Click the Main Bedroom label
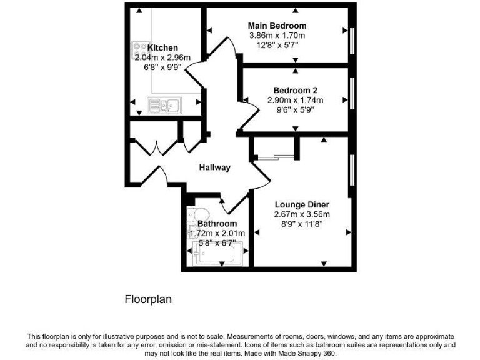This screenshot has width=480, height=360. pos(277,26)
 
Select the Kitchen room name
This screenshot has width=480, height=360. pos(162,48)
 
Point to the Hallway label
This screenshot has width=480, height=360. pos(215,167)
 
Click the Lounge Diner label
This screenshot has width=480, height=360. pos(302,205)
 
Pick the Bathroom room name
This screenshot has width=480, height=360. pos(217,224)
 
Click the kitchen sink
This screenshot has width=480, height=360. pos(164,104)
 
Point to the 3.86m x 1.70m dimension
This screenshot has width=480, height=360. pos(277,36)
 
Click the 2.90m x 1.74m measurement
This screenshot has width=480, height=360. pos(296,100)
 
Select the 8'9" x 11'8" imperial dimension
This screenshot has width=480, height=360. pos(302,225)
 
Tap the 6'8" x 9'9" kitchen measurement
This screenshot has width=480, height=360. pos(162,68)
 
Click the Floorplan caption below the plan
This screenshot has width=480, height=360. pos(148,300)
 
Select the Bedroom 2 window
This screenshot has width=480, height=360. pos(352,92)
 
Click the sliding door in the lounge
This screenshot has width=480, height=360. pos(276,157)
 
